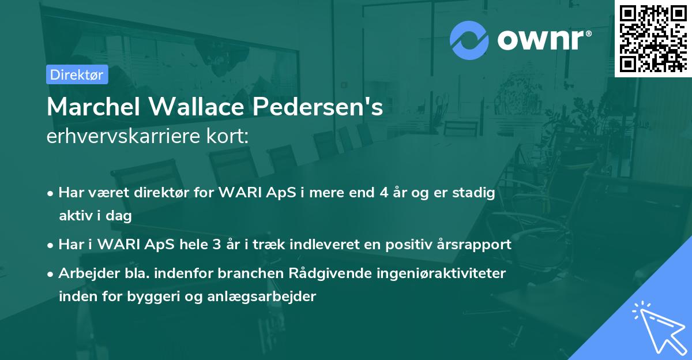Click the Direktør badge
77,74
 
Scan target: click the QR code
653,38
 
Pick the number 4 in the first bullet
383,193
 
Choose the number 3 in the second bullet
216,245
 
